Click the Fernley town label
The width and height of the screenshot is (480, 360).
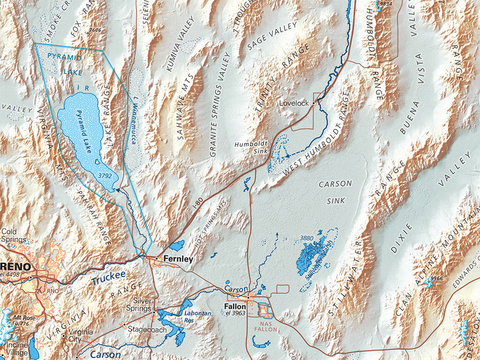(178, 259)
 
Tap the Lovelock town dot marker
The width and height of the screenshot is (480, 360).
(314, 103)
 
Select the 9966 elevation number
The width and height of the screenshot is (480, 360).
(436, 278)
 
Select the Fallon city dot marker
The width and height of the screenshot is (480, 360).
(248, 297)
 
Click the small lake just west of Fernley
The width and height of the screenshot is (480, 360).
(177, 246)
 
